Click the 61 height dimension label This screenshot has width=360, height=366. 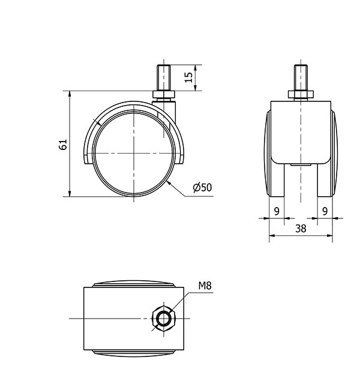coord(63,145)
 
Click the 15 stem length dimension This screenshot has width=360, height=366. coord(188,77)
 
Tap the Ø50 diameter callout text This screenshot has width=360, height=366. coord(202,187)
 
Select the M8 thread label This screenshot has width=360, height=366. coord(205,286)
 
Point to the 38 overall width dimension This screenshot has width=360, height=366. coord(301,229)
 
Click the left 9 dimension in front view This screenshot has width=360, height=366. coord(277,211)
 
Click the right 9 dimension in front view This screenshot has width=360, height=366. coord(325,211)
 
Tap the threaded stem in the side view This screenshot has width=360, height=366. coord(163,78)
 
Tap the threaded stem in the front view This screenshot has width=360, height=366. coord(301,78)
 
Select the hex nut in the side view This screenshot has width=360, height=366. coord(163,94)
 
